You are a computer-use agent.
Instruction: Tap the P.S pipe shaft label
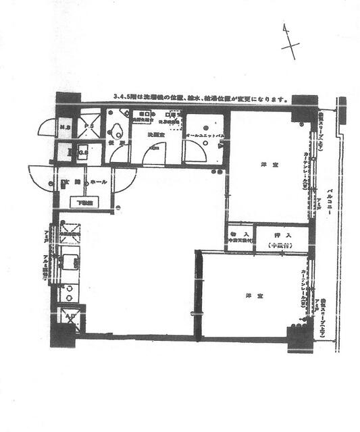(88, 127)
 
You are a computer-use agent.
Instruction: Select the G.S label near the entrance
(83, 153)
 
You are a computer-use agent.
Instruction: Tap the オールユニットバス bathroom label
(205, 136)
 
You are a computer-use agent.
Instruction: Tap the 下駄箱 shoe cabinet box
(84, 201)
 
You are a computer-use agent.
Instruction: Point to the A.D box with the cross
(70, 316)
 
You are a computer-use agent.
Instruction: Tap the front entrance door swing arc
(43, 179)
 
